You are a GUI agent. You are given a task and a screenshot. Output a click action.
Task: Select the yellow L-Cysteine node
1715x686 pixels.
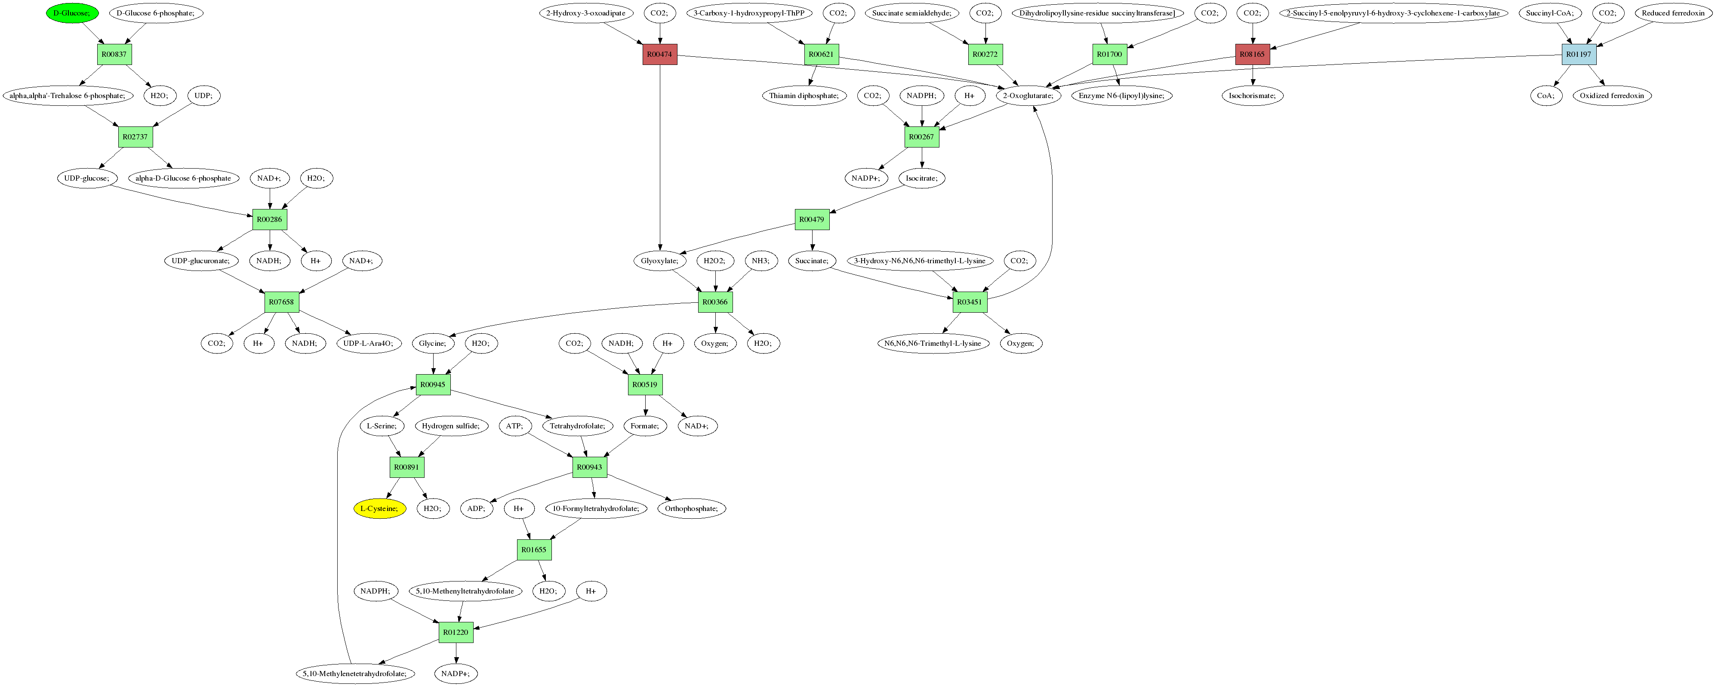click(x=379, y=509)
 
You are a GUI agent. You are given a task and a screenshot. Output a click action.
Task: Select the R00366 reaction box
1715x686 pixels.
click(x=715, y=302)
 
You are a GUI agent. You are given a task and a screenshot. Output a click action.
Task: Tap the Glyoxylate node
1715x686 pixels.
click(x=659, y=261)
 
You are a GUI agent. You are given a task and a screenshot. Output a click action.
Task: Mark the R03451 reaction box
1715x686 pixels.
click(x=970, y=302)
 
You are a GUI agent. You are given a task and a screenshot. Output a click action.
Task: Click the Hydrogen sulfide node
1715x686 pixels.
click(x=451, y=426)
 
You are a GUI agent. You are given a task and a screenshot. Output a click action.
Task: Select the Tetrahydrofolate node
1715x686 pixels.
click(x=577, y=426)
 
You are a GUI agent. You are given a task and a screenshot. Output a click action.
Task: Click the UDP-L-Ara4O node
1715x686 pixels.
click(x=369, y=343)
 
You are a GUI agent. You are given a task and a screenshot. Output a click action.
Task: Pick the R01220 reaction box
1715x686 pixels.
click(x=456, y=632)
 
